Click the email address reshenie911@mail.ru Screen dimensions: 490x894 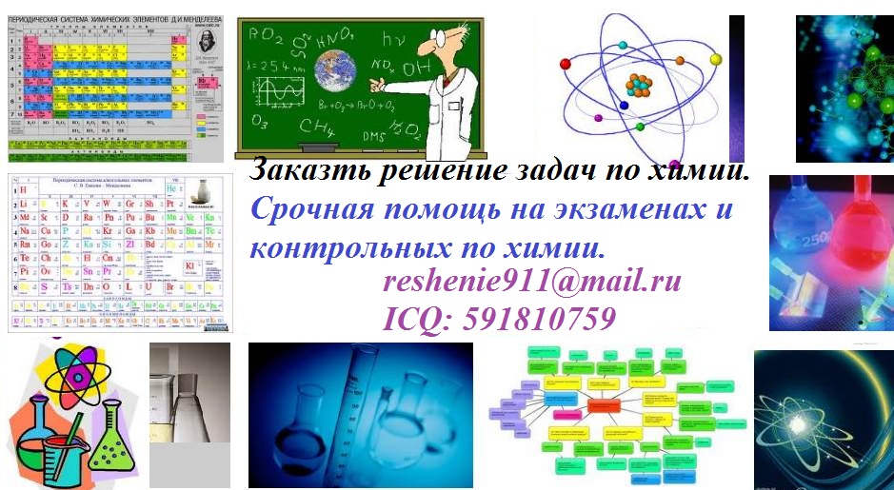click(532, 283)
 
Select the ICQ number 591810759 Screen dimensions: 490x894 click(500, 319)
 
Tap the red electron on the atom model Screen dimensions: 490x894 click(566, 64)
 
